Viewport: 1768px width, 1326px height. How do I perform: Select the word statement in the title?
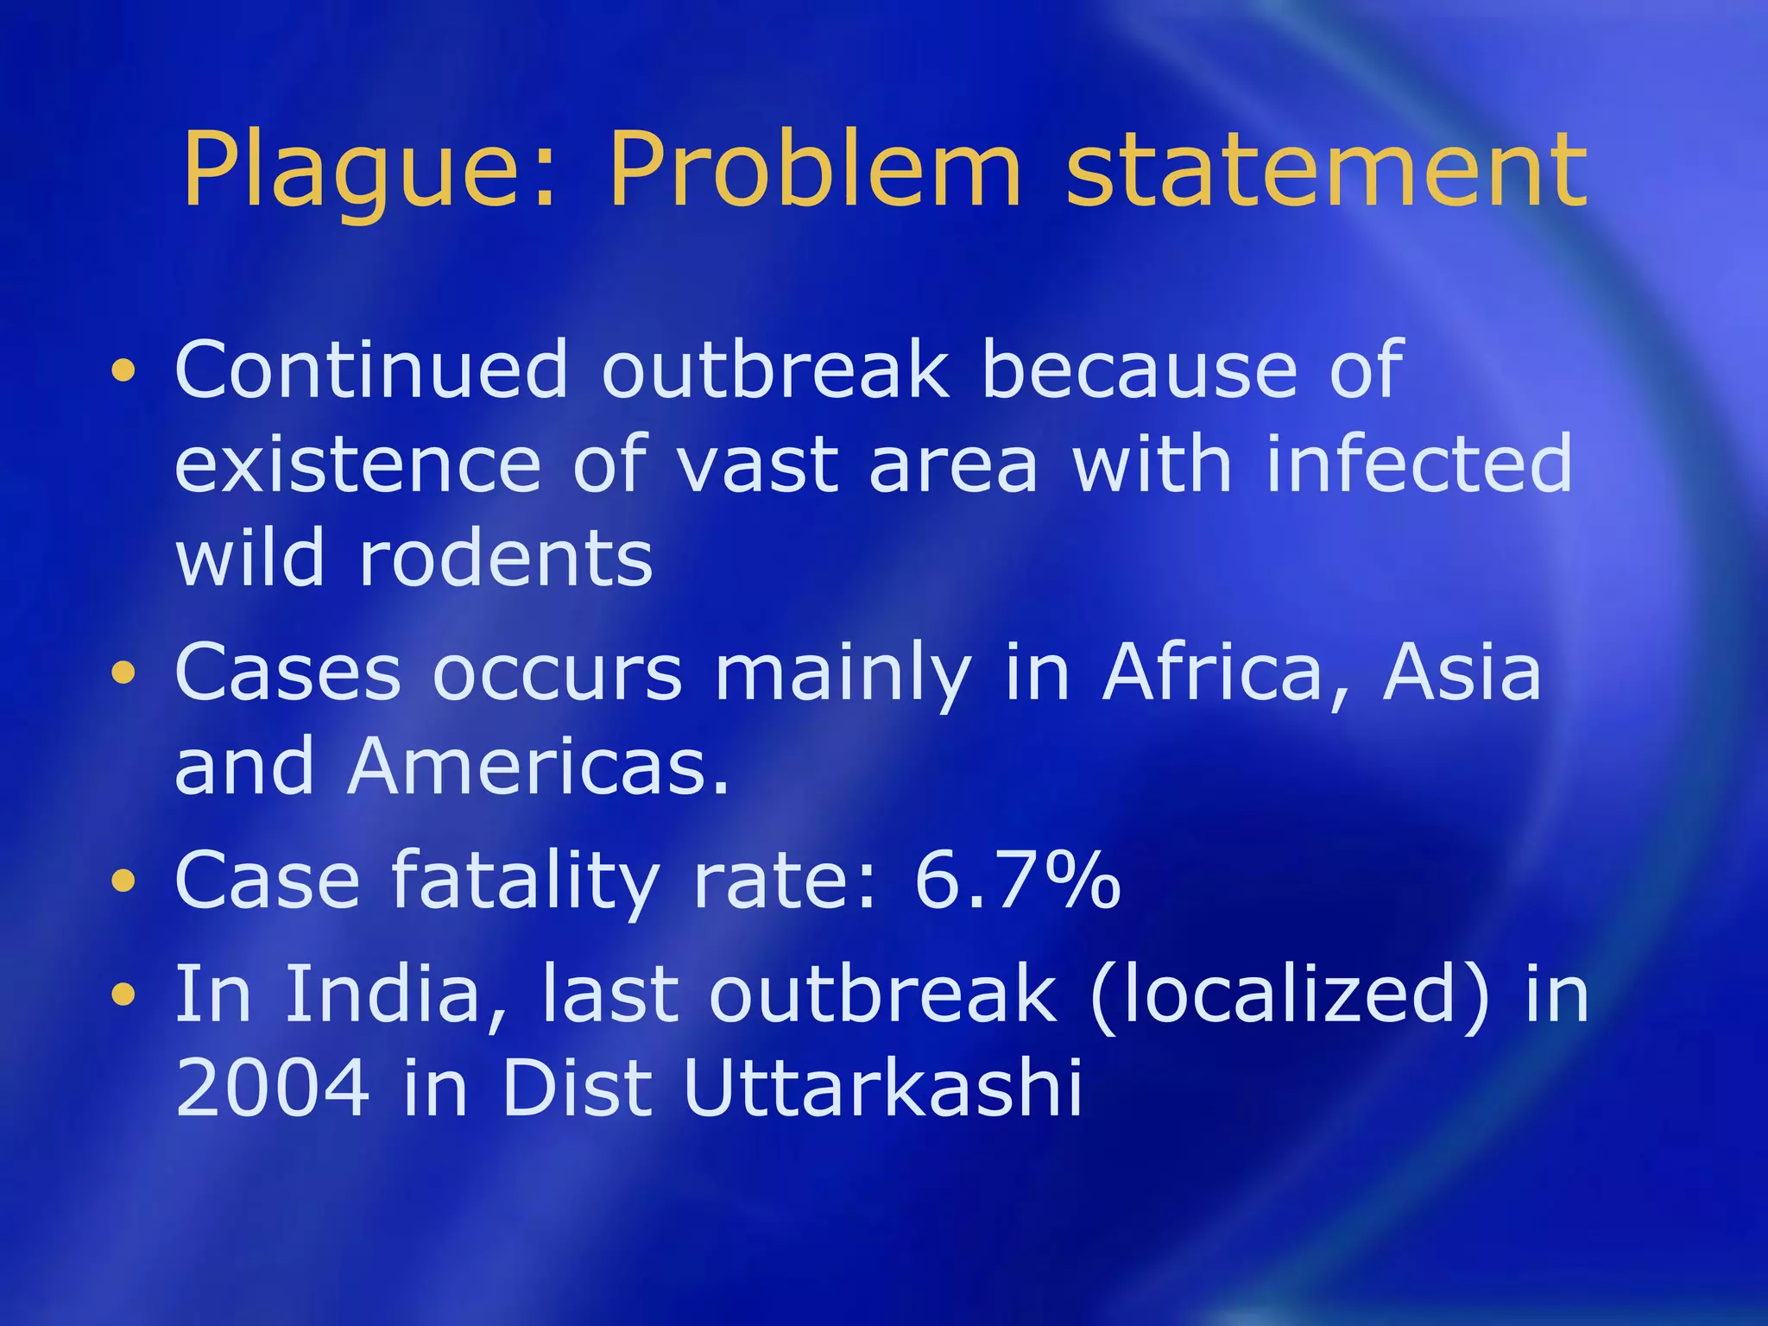[1326, 170]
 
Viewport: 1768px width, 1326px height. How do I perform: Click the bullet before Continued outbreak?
[123, 371]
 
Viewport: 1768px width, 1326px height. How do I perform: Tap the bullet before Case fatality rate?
[123, 881]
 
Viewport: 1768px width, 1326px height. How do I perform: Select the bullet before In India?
[123, 994]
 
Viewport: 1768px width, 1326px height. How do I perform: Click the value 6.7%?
[1017, 881]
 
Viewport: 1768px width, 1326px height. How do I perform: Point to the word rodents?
[506, 559]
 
